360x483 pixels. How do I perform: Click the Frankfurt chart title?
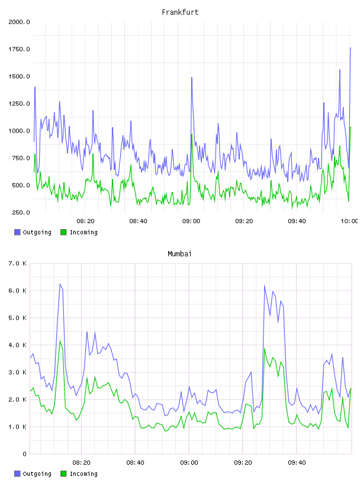point(180,12)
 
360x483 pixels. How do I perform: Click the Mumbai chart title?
point(179,254)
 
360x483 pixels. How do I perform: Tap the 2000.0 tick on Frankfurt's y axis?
point(19,22)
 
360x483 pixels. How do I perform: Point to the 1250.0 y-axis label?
point(19,104)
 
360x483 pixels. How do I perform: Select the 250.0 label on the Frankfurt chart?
point(21,212)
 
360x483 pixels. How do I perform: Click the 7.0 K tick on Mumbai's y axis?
point(18,263)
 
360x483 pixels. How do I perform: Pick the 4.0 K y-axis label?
point(18,345)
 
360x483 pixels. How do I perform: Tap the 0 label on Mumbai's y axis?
point(24,454)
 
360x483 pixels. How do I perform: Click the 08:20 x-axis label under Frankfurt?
point(85,221)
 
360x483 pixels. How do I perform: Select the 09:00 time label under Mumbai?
point(189,463)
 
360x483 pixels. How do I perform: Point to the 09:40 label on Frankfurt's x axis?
point(297,221)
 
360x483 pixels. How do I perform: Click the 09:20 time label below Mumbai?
point(243,463)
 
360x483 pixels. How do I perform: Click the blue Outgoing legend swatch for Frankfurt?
point(17,232)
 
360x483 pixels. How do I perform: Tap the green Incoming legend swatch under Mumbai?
point(63,474)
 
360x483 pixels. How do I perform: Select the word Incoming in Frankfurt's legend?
point(83,233)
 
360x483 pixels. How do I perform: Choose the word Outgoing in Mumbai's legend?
point(37,474)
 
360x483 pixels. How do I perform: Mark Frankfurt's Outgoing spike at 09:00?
point(192,78)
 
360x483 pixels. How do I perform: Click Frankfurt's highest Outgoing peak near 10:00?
point(351,48)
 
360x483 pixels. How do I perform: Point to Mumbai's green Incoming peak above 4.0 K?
point(60,341)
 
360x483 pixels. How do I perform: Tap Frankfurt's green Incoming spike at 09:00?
point(192,134)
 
